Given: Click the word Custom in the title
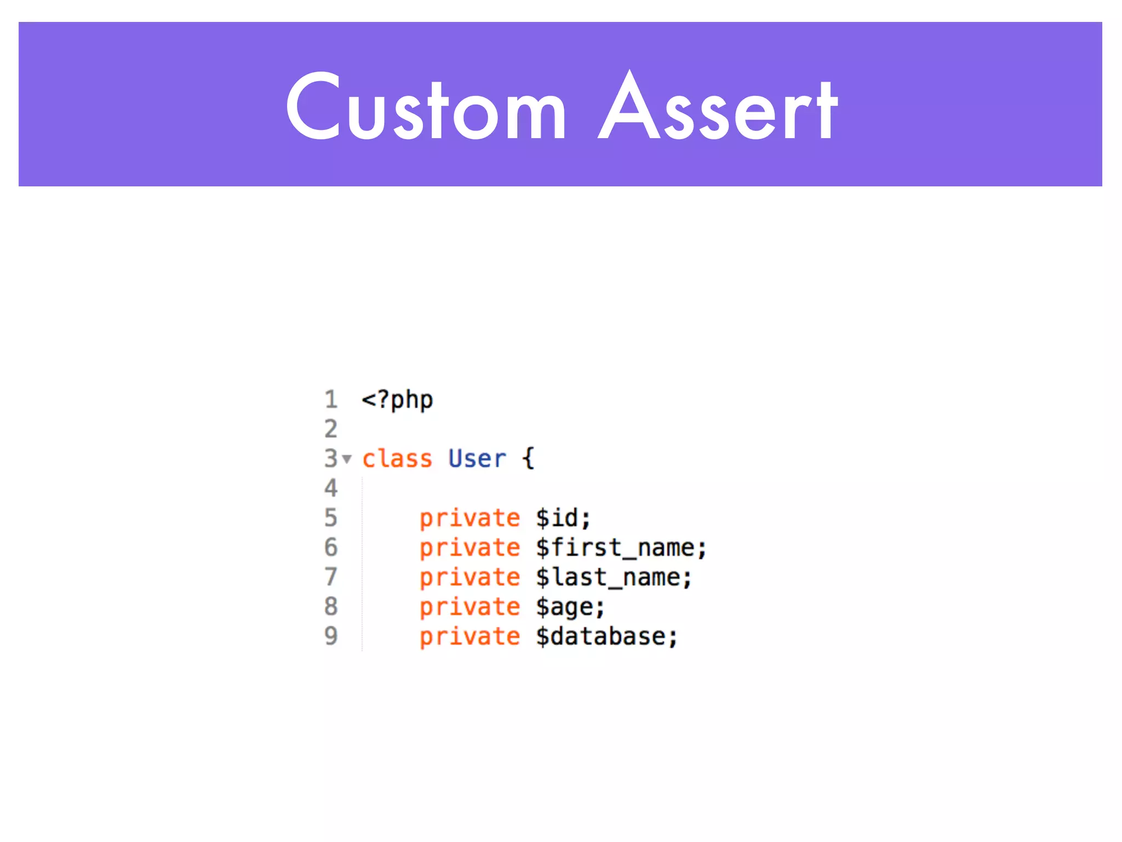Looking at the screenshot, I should click(x=426, y=107).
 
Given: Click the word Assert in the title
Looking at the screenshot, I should click(x=718, y=107).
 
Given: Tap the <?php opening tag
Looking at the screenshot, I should click(x=397, y=400).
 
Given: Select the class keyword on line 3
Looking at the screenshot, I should click(x=397, y=459).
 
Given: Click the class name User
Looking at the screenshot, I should click(x=477, y=459).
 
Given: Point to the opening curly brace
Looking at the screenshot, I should click(x=528, y=459).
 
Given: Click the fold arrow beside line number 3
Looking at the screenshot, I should click(x=347, y=458).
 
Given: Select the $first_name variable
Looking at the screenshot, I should click(x=621, y=548).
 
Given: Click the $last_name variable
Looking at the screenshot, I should click(x=614, y=577).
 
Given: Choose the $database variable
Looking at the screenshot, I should click(x=606, y=636).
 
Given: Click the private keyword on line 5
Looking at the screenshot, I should click(x=470, y=518).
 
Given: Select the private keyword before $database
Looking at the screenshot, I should click(x=470, y=636).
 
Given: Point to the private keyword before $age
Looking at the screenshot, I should click(x=470, y=607).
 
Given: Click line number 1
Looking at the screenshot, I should click(x=331, y=400).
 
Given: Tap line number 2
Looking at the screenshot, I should click(x=331, y=429).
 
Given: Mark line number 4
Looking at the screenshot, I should click(x=331, y=488).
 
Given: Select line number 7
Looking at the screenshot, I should click(x=331, y=577).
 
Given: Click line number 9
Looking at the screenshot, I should click(x=331, y=636).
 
